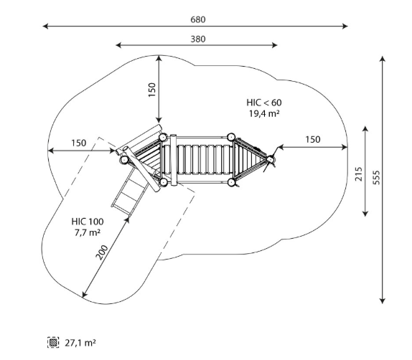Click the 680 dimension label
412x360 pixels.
coord(198,19)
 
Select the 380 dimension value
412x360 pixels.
coord(198,39)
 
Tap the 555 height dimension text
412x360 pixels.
coord(376,178)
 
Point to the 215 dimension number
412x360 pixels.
coord(358,174)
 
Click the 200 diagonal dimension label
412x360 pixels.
coord(101,252)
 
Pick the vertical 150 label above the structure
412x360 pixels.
coord(152,90)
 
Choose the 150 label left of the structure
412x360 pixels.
coord(78,143)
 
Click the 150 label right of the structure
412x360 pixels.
coord(313,139)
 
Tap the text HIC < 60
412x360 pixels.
coord(264,103)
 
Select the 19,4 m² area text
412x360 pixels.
coord(264,114)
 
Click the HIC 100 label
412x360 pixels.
coord(88,222)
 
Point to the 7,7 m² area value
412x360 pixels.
coord(88,232)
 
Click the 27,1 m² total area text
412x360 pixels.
coord(80,343)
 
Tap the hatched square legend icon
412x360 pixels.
coord(53,342)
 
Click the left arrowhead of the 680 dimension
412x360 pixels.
coord(45,26)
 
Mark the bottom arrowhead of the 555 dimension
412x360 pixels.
coord(383,301)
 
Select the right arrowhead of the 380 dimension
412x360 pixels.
coord(275,45)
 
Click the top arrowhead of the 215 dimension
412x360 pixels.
coord(365,128)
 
